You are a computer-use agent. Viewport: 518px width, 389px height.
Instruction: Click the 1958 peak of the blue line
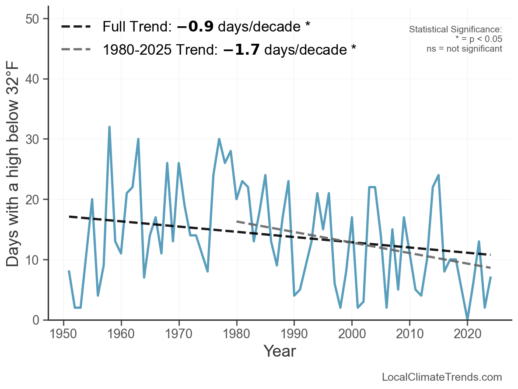[109, 127]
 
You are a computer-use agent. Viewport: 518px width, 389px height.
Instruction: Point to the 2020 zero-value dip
[467, 319]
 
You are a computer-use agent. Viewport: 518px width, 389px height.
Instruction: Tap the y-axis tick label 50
[32, 19]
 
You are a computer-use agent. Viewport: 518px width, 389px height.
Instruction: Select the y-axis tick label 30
[32, 139]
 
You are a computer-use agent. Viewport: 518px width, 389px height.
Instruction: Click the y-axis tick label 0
[36, 320]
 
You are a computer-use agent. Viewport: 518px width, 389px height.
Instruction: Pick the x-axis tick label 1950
[63, 334]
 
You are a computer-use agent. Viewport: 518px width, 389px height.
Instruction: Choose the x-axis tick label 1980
[236, 334]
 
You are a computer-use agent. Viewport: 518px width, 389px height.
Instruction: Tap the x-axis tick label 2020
[467, 334]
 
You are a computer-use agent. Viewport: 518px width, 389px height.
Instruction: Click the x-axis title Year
[280, 351]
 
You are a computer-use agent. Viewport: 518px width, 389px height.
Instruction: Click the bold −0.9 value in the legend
[195, 26]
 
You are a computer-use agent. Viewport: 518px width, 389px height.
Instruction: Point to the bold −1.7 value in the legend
[241, 49]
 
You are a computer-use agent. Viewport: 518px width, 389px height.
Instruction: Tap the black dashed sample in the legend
[76, 26]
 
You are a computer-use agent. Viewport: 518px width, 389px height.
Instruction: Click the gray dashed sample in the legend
[76, 49]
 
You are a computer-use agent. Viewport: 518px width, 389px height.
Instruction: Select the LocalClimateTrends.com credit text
[442, 377]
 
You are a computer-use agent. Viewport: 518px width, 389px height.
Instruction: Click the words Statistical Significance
[455, 29]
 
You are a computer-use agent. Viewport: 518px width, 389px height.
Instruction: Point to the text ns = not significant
[464, 49]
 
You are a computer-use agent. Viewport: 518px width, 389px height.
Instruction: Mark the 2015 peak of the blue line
[438, 175]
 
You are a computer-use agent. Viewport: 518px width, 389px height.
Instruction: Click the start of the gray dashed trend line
[237, 221]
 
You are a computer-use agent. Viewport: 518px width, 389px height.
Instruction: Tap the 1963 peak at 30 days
[138, 139]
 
